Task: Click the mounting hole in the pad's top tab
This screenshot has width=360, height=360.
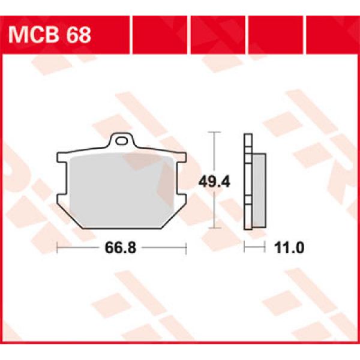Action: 124,142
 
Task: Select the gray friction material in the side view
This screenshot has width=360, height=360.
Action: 257,189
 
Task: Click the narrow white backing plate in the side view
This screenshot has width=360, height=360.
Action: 247,180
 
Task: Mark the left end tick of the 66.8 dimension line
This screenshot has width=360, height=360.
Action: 56,247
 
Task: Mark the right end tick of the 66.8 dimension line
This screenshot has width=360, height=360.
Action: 186,247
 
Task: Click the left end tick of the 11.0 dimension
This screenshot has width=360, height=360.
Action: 244,247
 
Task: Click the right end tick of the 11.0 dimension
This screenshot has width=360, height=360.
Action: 265,247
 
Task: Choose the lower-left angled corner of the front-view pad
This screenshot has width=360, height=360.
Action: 73,216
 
